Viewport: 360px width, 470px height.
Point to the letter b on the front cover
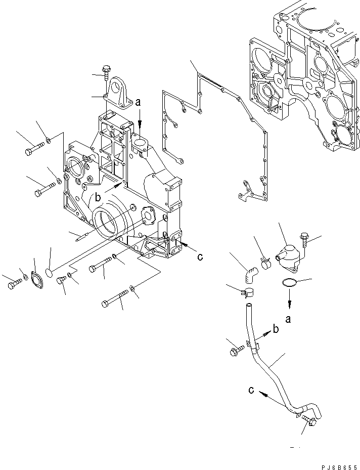pyautogui.click(x=99, y=197)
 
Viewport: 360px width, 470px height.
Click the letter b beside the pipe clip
pyautogui.click(x=276, y=329)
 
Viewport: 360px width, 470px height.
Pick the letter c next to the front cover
pyautogui.click(x=200, y=257)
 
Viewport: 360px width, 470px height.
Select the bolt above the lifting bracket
pyautogui.click(x=106, y=73)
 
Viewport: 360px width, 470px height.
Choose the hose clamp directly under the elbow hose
pyautogui.click(x=247, y=292)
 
